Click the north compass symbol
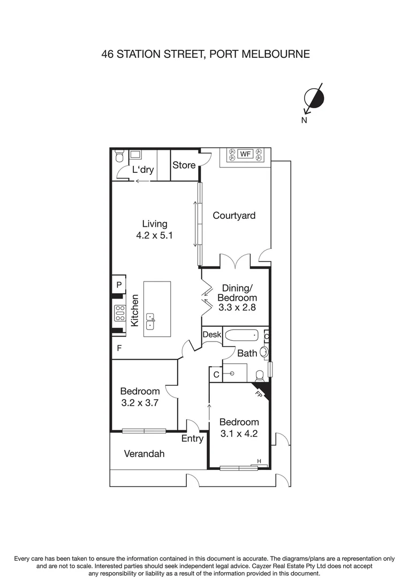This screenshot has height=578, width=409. coord(314,97)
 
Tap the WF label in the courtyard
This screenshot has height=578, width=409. coord(245,154)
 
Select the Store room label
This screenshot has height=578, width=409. coord(184,165)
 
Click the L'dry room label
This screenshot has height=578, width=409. coord(143,170)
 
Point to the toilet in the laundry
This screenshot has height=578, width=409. coord(119,156)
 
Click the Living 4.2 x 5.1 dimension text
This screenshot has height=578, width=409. coord(154,235)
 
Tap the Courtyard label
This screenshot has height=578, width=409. coord(234,216)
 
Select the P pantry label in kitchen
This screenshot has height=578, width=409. coord(119,285)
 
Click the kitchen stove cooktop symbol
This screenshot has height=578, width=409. coord(119,313)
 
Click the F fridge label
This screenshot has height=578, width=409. coord(119,347)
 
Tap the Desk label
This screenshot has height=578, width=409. coord(211,334)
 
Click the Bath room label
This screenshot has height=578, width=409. coord(247,353)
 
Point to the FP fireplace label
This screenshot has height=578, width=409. coord(260,395)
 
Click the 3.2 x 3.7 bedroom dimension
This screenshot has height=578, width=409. coord(139,403)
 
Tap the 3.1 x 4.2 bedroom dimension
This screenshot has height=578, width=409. coord(239,434)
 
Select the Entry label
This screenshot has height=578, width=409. coord(192,439)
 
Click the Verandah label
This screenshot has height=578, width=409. coord(144,454)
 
